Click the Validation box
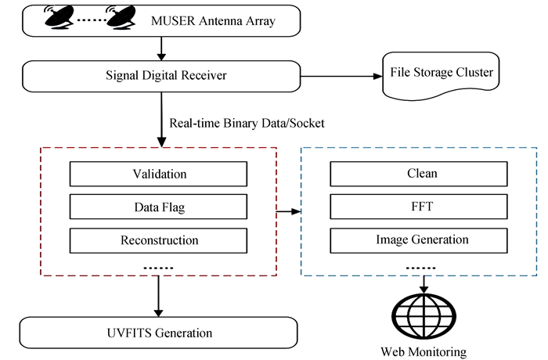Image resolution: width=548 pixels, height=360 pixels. (x=159, y=173)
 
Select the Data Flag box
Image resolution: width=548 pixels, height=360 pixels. (x=159, y=207)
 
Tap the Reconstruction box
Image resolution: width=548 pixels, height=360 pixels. (x=159, y=239)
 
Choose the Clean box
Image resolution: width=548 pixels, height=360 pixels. (x=422, y=173)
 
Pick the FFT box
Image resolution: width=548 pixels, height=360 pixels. (x=422, y=207)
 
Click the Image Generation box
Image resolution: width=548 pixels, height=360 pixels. (x=422, y=239)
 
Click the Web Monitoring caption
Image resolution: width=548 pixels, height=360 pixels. (x=423, y=351)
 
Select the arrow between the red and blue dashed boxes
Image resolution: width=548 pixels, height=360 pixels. (x=288, y=211)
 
